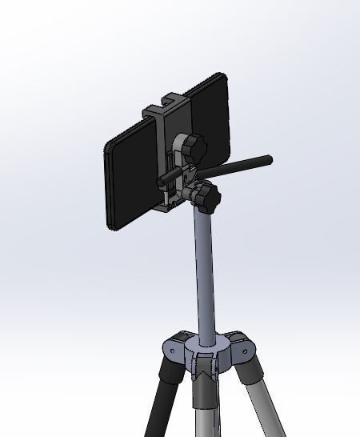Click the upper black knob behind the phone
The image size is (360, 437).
(194, 147)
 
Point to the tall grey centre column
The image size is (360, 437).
(204, 272)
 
